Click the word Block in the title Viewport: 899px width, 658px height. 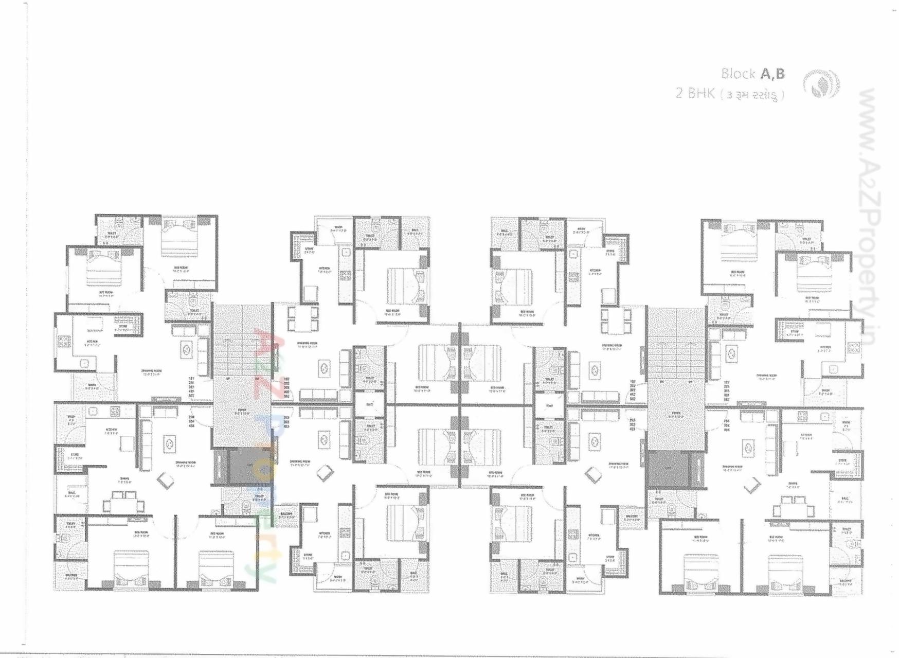tap(738, 74)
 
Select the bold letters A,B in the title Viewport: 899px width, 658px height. tap(773, 74)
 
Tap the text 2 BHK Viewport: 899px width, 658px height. tap(695, 93)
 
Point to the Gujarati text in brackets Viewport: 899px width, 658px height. tap(753, 95)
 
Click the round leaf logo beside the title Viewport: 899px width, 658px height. tap(821, 84)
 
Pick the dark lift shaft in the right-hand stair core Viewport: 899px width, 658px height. tap(668, 469)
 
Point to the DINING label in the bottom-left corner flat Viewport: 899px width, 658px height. tap(124, 481)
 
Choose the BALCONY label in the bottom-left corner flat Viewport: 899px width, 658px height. tap(71, 576)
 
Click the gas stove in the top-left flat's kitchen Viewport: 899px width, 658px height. tap(64, 341)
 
